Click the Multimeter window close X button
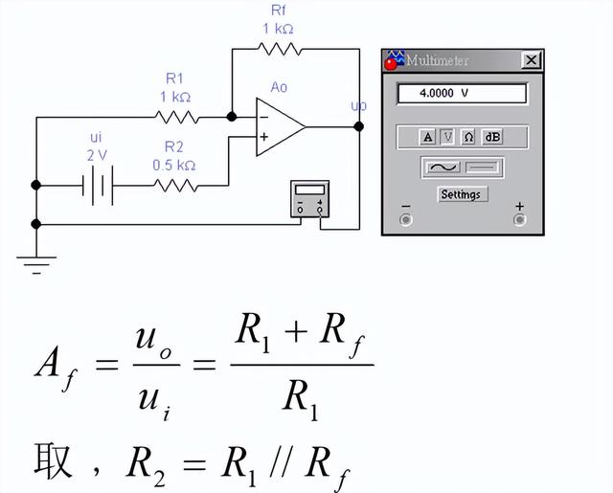coord(532,60)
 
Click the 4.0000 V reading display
coord(462,94)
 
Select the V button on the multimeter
coord(447,137)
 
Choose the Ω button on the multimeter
coord(468,137)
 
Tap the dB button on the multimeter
coord(492,137)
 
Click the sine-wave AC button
coord(443,168)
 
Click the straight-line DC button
coord(483,168)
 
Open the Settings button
coord(463,194)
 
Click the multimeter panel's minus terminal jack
coord(406,219)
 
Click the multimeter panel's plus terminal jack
coord(519,219)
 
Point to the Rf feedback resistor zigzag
coord(280,49)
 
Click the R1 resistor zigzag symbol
coord(176,117)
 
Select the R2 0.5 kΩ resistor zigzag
coord(175,186)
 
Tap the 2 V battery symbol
coord(98,186)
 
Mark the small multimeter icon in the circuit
coord(310,199)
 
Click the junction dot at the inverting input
coord(232,117)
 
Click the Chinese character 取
coord(54,461)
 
